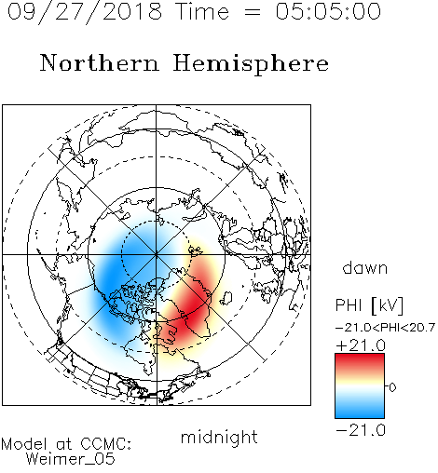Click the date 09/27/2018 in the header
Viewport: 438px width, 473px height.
click(x=85, y=12)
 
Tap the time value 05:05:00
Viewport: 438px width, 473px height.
click(x=328, y=11)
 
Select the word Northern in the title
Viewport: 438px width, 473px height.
click(x=100, y=62)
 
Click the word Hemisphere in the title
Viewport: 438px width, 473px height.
click(x=251, y=63)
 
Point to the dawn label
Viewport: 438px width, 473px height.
click(x=365, y=268)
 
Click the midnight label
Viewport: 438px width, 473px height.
click(x=219, y=438)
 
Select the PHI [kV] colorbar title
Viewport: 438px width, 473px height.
click(x=369, y=305)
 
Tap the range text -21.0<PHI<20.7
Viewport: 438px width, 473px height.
click(x=385, y=328)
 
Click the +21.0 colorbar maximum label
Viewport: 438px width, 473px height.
click(x=361, y=345)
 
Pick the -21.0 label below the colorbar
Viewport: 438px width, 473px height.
click(x=361, y=430)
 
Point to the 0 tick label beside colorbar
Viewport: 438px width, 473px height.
click(x=392, y=387)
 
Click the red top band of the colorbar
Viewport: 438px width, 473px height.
click(x=360, y=360)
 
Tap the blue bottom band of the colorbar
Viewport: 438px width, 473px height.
click(x=360, y=412)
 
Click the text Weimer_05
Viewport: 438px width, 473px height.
click(x=71, y=459)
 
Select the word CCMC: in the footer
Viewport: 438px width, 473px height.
click(x=105, y=444)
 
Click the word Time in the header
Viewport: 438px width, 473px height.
click(x=202, y=12)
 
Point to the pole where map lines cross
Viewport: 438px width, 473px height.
click(x=157, y=254)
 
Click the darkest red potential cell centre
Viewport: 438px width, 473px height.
click(x=194, y=309)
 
